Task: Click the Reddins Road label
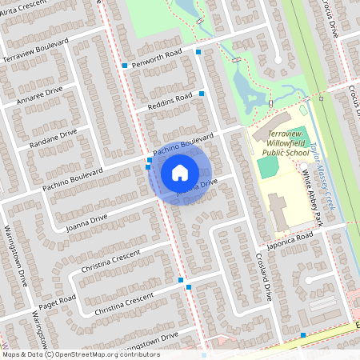tap(170, 102)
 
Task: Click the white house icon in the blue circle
tap(180, 172)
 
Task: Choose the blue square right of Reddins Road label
tap(202, 94)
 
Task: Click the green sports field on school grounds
tap(268, 166)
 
